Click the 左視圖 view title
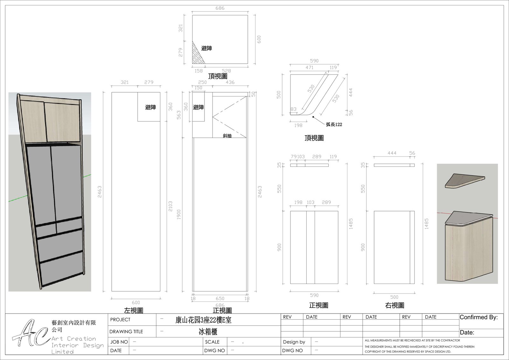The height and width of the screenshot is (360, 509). pos(134,310)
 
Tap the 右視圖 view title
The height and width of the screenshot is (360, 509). pos(394,305)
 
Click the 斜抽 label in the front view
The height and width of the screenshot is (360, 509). pos(227,136)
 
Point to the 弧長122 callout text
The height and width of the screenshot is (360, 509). pos(334,124)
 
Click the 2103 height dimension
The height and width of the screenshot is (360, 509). pos(171,206)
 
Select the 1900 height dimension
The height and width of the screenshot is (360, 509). pos(178,215)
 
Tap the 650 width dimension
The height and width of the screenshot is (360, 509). pos(220,298)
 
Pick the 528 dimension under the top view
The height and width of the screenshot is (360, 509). pos(226,71)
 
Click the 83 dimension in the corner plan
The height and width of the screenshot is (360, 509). pos(293,109)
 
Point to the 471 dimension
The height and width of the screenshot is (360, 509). pos(310,67)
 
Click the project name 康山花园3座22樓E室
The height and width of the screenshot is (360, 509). pos(203,320)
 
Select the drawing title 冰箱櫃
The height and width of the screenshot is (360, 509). pos(208,332)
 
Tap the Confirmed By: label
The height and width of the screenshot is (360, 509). pos(478,317)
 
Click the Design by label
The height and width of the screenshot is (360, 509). pos(294,342)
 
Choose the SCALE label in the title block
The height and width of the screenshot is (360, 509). pos(212,342)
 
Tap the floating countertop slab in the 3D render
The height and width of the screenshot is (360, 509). pos(465,180)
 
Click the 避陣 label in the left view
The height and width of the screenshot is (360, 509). pos(150,107)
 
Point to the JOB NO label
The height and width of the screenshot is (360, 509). pos(119,342)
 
